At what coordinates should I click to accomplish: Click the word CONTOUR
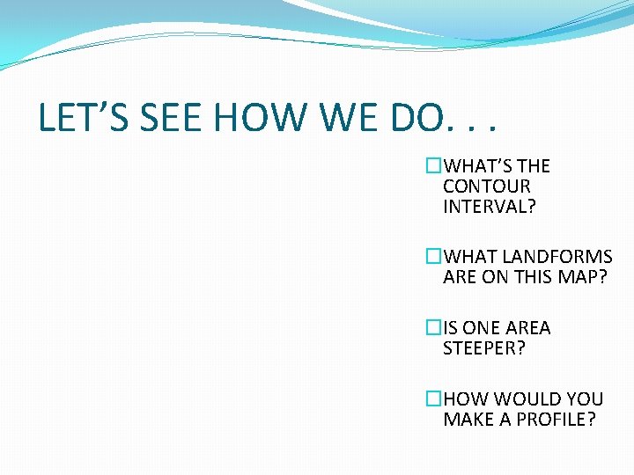(487, 186)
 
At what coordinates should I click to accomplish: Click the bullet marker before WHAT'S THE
(433, 166)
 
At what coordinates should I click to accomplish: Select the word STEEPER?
(484, 348)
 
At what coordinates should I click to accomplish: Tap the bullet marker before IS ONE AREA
(433, 328)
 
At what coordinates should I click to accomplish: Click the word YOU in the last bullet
(585, 399)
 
